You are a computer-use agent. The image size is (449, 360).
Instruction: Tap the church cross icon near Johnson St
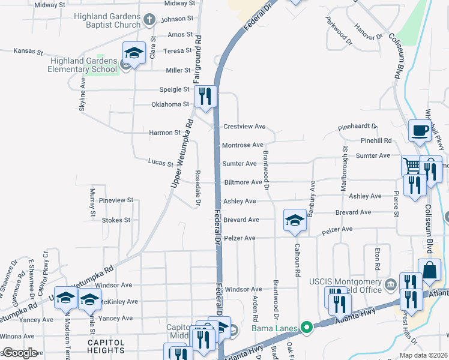pos(149,20)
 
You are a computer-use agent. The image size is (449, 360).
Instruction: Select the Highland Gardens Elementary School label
pos(84,65)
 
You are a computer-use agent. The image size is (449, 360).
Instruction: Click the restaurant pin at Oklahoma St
pos(205,97)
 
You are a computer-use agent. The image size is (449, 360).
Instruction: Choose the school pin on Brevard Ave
pos(295,220)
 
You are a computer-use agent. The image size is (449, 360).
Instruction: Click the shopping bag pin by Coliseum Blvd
pos(431,271)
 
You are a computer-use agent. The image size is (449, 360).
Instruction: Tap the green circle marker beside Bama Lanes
pos(307,328)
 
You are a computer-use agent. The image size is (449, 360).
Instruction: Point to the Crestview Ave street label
pos(244,127)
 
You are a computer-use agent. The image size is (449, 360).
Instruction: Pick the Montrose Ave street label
pos(243,145)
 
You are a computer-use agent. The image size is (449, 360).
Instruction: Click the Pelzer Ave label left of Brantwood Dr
pos(240,238)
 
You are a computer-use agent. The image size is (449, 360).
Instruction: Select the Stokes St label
pos(116,220)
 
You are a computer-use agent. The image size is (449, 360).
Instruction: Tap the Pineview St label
pos(116,200)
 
